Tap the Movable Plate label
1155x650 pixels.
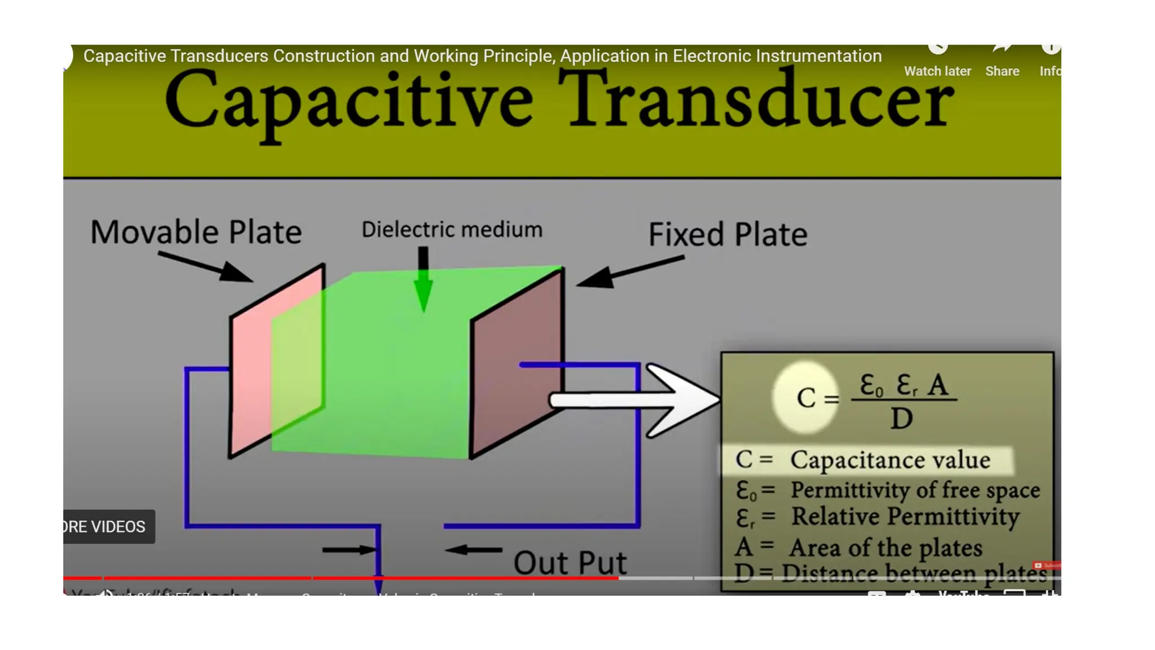[196, 232]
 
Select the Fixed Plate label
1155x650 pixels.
[728, 234]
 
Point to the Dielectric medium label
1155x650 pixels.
[452, 230]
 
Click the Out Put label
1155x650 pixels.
[570, 563]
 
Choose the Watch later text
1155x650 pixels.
[937, 71]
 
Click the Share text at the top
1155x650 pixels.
[1002, 71]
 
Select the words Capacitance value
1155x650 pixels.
[890, 460]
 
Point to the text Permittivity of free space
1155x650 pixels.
[915, 490]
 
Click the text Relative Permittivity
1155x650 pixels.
[905, 517]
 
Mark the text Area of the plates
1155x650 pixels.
[885, 548]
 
